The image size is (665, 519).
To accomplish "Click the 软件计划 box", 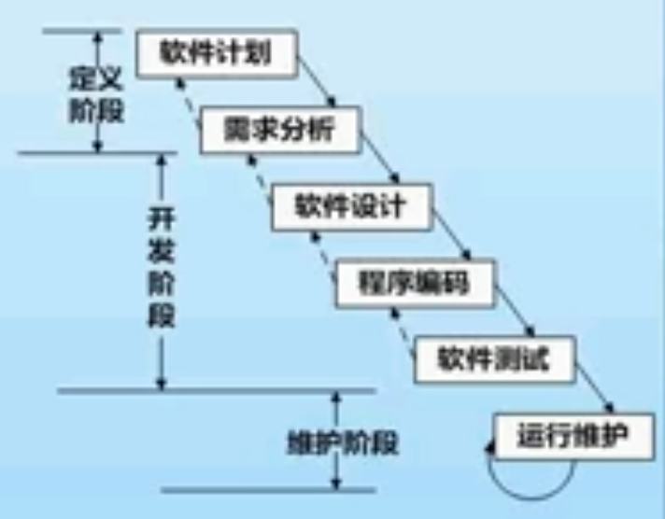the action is point(217,53).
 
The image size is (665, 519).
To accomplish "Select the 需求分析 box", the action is point(281,130).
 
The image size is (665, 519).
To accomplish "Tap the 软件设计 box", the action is point(352,207).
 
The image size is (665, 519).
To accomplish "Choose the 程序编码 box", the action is point(415,283).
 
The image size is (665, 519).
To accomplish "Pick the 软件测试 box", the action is point(495,359).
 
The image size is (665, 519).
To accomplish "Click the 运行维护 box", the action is point(573,436).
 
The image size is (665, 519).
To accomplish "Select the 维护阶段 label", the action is point(343,443).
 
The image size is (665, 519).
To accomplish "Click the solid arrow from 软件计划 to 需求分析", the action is point(317,81).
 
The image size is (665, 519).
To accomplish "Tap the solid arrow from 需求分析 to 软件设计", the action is point(380,158).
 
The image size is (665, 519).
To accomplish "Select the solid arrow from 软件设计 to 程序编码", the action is point(452,234).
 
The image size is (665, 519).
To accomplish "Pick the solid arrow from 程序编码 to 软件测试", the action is point(514,311).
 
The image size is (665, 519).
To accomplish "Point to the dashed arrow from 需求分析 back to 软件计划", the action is point(188,103).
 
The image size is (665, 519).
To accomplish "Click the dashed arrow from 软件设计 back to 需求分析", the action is point(260,179).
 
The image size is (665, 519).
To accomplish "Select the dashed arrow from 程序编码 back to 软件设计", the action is point(324,257).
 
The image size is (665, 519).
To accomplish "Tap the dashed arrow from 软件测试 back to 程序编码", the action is point(403,333).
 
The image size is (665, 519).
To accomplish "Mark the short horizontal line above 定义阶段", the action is point(81,32).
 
